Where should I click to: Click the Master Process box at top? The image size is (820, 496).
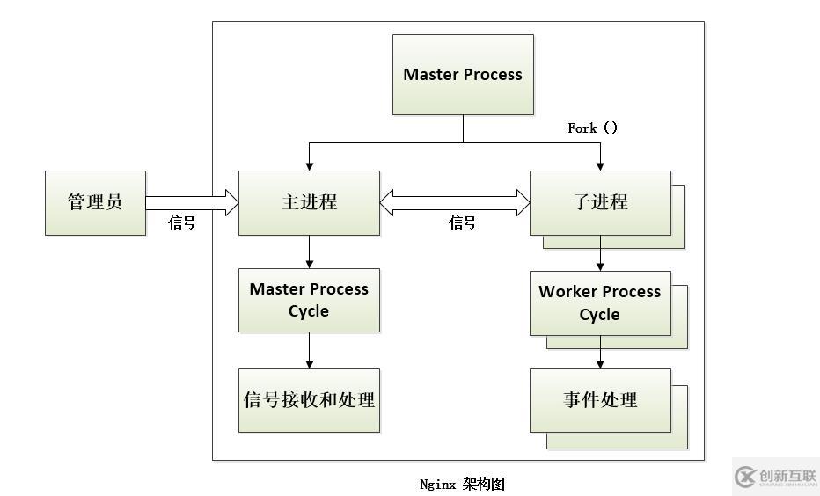[463, 75]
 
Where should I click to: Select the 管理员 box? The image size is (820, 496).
[95, 202]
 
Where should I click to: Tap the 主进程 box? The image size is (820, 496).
[309, 202]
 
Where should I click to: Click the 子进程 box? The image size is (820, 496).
[599, 202]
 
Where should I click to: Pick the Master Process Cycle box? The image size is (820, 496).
[309, 300]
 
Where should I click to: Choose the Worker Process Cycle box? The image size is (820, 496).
[599, 303]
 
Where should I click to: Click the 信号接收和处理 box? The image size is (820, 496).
[309, 400]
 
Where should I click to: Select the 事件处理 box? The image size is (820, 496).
[599, 400]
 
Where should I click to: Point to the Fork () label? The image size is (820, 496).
[592, 128]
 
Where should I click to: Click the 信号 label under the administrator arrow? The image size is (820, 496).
[182, 223]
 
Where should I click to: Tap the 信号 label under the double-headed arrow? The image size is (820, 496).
[463, 223]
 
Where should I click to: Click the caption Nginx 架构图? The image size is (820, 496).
[462, 484]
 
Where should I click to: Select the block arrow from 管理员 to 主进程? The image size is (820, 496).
[192, 202]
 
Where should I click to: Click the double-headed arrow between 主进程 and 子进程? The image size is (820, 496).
[454, 202]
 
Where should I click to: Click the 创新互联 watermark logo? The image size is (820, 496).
[775, 477]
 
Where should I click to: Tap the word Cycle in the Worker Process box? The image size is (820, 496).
[599, 315]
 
